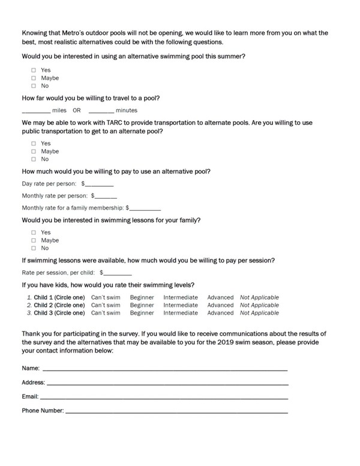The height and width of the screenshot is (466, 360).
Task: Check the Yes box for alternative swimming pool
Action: [34, 70]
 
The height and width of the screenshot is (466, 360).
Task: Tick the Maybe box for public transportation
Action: [34, 151]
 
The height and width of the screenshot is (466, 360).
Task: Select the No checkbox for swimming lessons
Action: [34, 248]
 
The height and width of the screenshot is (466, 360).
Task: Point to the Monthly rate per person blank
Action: [106, 197]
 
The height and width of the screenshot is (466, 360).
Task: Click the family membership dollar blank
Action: [145, 209]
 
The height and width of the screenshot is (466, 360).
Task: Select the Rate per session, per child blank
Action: [118, 273]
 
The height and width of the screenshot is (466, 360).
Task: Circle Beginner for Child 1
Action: [142, 297]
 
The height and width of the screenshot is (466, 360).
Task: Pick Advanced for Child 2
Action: [220, 305]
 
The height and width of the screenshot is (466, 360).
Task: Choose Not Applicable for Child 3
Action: [259, 313]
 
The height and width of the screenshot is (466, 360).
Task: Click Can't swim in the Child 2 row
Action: [105, 305]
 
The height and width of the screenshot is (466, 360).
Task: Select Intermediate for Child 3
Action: [181, 313]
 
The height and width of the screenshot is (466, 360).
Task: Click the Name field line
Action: [164, 369]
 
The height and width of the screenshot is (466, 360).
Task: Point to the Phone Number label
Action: [43, 411]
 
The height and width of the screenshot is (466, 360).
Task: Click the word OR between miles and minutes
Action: [77, 110]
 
